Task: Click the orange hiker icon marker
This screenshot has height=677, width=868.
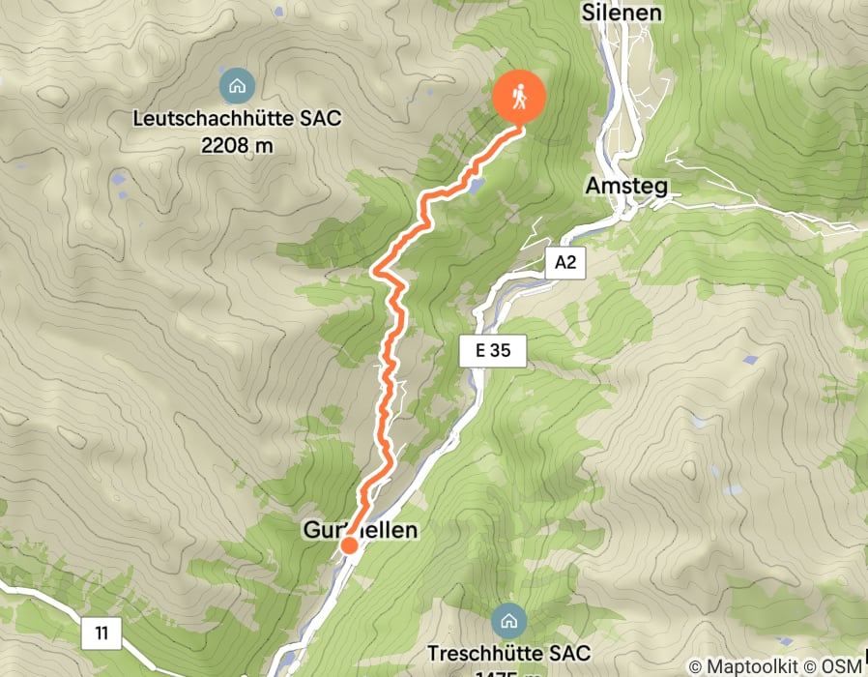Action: click(x=520, y=98)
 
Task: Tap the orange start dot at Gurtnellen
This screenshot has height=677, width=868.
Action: click(x=349, y=546)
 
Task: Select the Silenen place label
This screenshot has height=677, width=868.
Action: click(x=622, y=13)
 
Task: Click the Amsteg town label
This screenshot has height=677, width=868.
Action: click(x=626, y=186)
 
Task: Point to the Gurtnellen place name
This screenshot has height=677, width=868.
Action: click(x=361, y=530)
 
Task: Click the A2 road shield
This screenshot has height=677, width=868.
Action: click(x=565, y=262)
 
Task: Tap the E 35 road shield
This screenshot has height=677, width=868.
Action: click(x=492, y=351)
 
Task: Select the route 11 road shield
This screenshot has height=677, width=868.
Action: click(x=101, y=634)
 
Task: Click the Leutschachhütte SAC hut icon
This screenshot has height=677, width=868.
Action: click(x=235, y=85)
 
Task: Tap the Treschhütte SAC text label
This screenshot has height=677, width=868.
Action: click(x=508, y=653)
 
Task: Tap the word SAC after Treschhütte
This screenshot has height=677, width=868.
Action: click(x=570, y=653)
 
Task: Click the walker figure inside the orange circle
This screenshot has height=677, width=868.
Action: click(x=520, y=97)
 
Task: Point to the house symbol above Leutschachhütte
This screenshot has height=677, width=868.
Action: click(x=235, y=85)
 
